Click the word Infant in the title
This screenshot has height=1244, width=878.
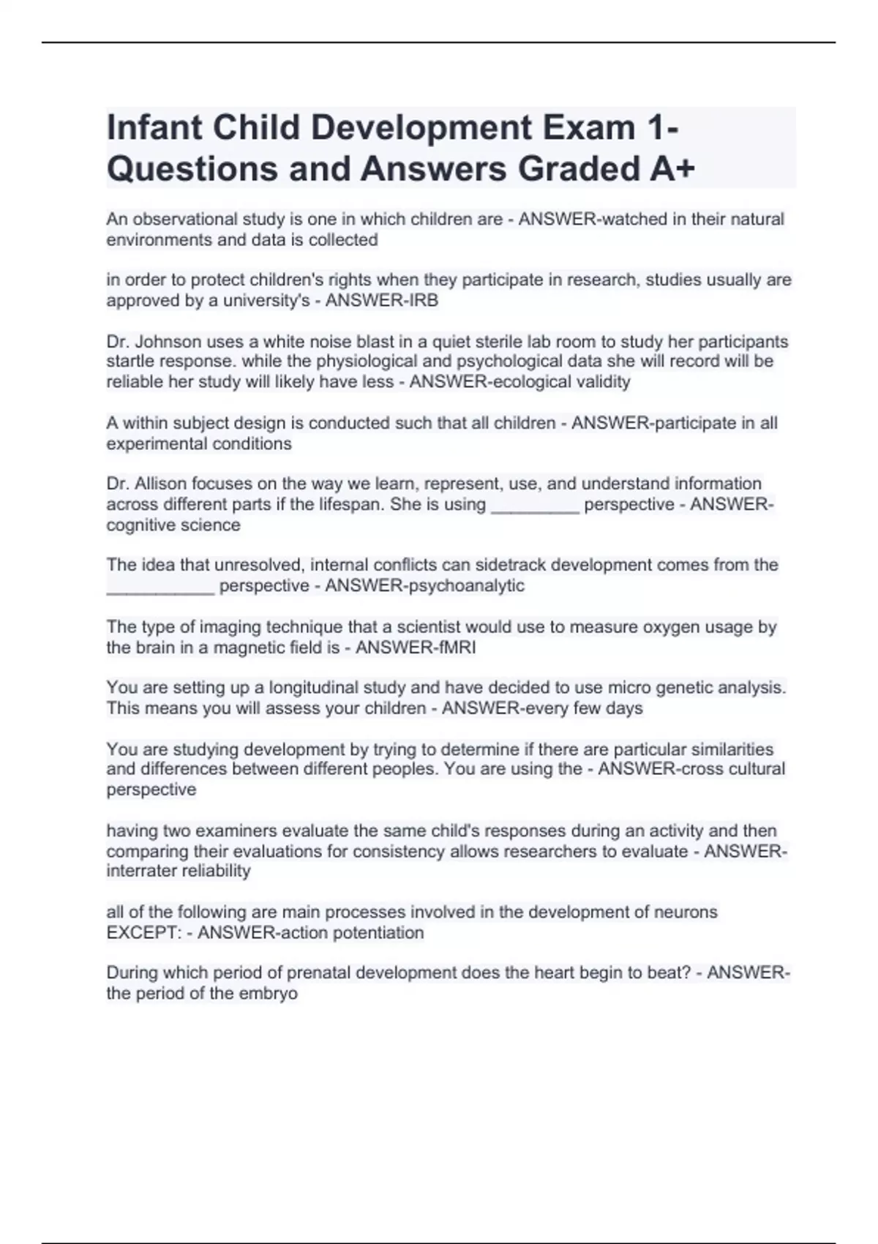[154, 127]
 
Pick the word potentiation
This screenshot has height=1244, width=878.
[378, 933]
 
